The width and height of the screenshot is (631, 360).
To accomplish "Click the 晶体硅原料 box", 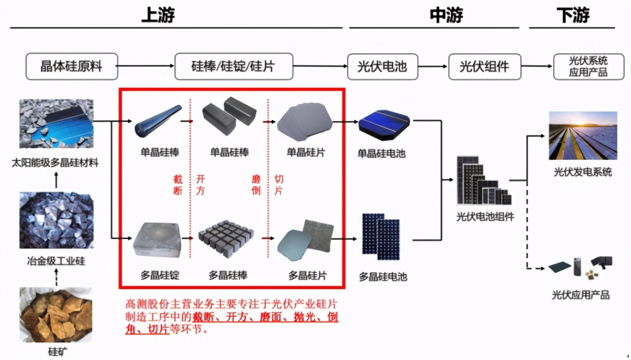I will point(71,67).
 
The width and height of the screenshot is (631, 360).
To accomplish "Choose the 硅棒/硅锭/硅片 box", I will point(233,67).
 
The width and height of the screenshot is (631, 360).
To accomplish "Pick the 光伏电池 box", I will point(382,67).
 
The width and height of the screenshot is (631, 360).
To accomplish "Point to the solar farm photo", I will point(583,136).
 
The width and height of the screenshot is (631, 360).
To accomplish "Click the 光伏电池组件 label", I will point(485,217).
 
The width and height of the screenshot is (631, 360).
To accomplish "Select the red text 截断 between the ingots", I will point(178,185).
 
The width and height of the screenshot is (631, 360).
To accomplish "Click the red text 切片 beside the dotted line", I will point(278,185).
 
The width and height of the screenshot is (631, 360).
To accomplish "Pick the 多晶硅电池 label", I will point(383,277).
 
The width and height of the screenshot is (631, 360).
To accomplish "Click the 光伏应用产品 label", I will point(580,295).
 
